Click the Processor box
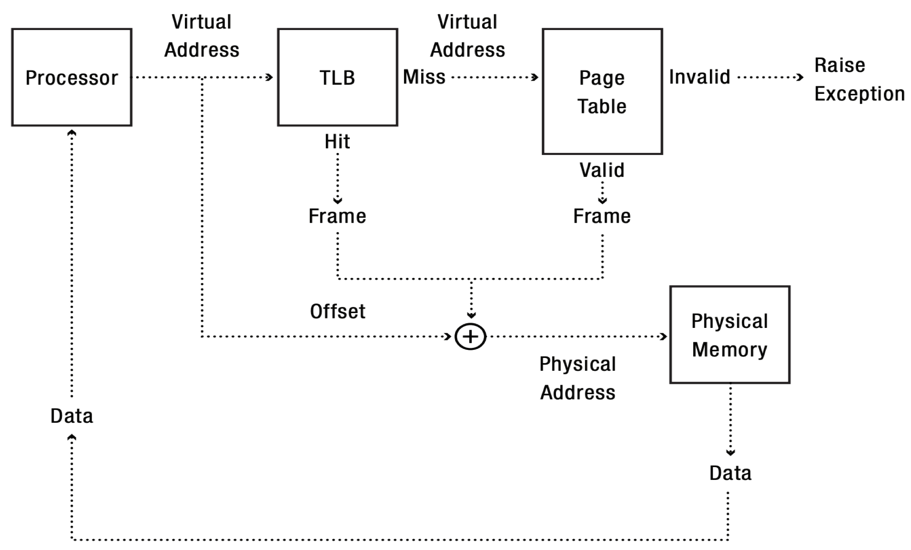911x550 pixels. click(x=71, y=77)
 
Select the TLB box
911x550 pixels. click(x=337, y=77)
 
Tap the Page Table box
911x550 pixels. click(x=602, y=92)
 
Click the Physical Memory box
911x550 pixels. click(x=729, y=335)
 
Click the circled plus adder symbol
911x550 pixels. click(x=470, y=336)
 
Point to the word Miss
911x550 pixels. click(x=424, y=77)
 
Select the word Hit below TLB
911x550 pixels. click(x=337, y=142)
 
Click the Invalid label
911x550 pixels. click(x=699, y=77)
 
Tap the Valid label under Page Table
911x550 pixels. click(x=602, y=170)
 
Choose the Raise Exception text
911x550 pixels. click(x=859, y=79)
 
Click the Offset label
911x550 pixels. click(x=337, y=311)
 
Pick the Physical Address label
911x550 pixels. click(x=577, y=378)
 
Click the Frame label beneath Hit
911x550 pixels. click(x=337, y=216)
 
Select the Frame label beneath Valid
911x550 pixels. click(x=602, y=216)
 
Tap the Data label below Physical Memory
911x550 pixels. click(x=730, y=473)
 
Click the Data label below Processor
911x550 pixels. click(x=71, y=416)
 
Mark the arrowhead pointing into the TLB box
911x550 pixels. click(x=270, y=77)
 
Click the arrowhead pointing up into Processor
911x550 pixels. click(x=71, y=133)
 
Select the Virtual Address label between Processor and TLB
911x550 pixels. click(x=202, y=36)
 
